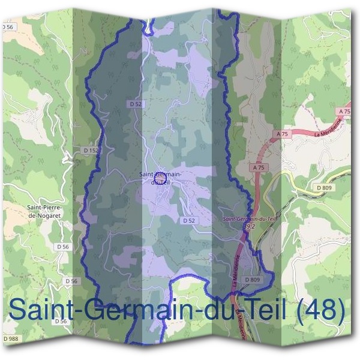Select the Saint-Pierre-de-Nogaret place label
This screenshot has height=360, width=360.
tap(46, 212)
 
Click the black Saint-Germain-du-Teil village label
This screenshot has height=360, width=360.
tap(160, 178)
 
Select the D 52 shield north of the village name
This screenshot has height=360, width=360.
tap(136, 104)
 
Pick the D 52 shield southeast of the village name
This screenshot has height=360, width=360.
tap(188, 221)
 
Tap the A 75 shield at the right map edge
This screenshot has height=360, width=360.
tap(344, 112)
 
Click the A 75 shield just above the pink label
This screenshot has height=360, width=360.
tap(259, 169)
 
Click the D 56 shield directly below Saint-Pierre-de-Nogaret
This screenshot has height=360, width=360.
tap(63, 247)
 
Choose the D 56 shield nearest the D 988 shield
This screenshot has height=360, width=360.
tap(60, 322)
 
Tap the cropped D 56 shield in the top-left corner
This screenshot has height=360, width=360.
tap(7, 28)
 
